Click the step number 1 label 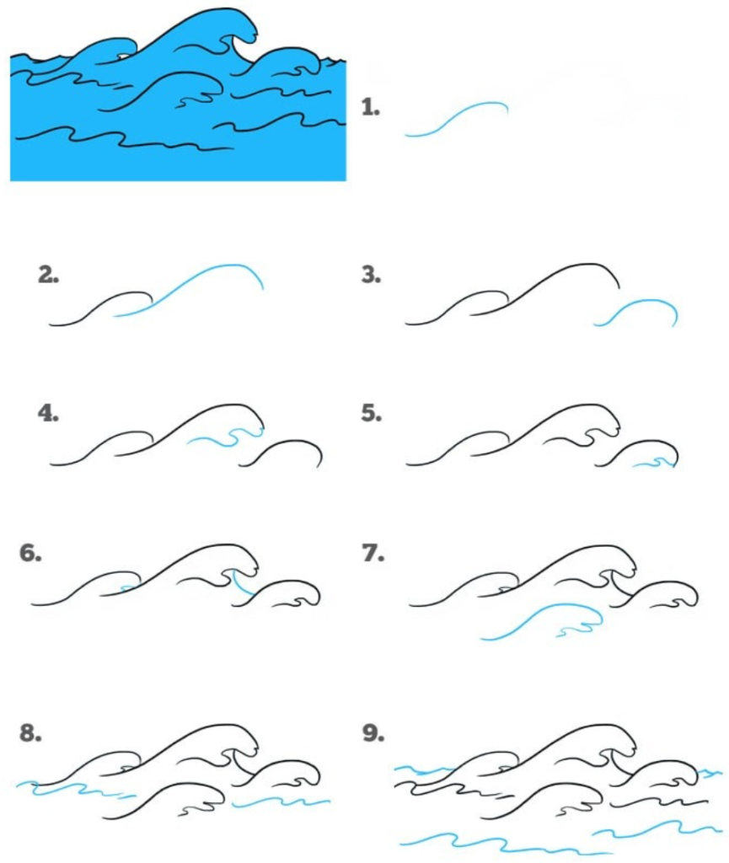(371, 108)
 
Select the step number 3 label (371, 275)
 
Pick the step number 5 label (371, 414)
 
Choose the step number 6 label (30, 554)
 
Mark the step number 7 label (371, 554)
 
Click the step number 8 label (30, 734)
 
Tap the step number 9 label (372, 734)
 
